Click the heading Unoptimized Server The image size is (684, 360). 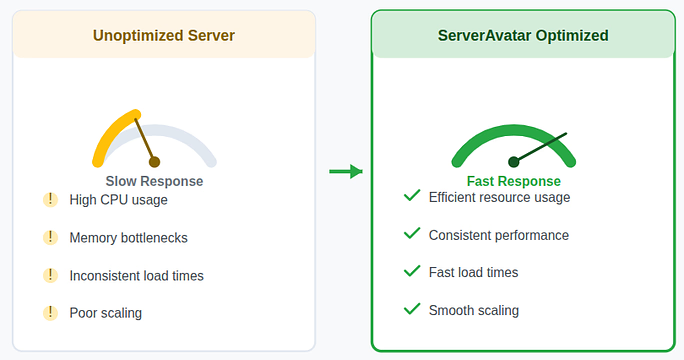coord(164,36)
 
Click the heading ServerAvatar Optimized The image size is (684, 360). coord(523,36)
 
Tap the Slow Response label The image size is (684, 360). coord(154,181)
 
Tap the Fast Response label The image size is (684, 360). coord(513,181)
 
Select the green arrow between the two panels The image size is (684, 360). coord(345,172)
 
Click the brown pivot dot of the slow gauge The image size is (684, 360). coord(154,162)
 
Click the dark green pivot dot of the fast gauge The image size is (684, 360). coord(513,161)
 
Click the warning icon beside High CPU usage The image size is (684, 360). coord(50,199)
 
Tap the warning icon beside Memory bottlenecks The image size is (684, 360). coord(50,237)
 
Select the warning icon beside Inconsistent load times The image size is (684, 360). coord(50,275)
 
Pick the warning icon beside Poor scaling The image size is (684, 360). coord(50,313)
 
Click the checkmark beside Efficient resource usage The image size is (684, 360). coord(411,196)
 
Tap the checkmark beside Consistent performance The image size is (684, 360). coord(411,234)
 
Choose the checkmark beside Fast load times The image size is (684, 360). coord(411,271)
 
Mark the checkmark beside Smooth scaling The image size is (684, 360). coord(411,309)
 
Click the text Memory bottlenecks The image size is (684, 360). coord(128,238)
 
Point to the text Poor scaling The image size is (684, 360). coord(105,313)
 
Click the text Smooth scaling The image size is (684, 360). coord(473,310)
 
